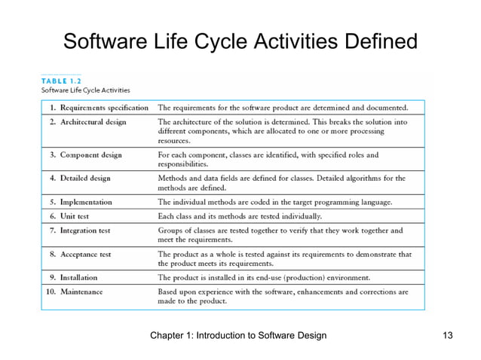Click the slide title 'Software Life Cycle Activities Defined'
(x=240, y=41)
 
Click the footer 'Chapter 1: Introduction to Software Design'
(x=238, y=334)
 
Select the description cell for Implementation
(x=274, y=202)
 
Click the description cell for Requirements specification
(x=283, y=107)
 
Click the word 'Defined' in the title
(x=372, y=41)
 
